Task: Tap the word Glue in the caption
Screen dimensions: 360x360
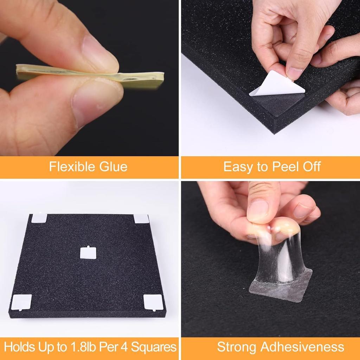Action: tap(113, 166)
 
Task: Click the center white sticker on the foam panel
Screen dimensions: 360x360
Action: tap(88, 252)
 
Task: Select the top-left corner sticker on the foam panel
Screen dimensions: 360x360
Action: tap(39, 218)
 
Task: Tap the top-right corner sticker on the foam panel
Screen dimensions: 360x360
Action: tap(141, 219)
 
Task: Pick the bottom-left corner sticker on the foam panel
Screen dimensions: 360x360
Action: tap(21, 302)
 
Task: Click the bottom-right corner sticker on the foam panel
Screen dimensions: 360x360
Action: tap(153, 302)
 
